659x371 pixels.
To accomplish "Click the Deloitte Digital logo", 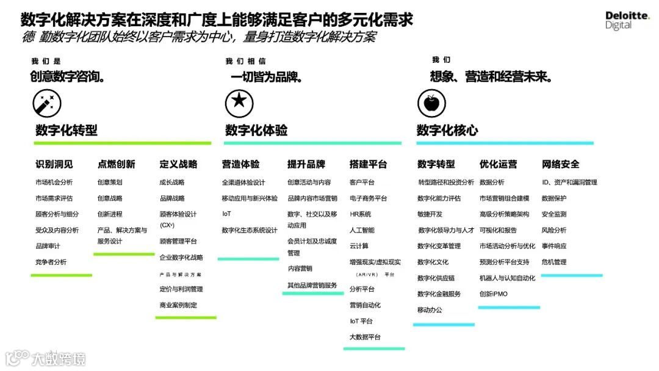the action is click(627, 20).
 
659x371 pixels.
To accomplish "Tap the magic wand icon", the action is click(46, 104).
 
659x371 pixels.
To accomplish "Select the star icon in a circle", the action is click(239, 103).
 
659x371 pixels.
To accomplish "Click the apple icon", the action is click(431, 103).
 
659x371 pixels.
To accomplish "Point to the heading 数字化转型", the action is click(67, 130).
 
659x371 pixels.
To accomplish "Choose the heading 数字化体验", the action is click(256, 130).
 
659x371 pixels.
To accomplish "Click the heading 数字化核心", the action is click(447, 130).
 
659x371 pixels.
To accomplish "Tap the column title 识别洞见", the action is click(54, 164).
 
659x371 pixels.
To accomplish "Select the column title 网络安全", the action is click(561, 164).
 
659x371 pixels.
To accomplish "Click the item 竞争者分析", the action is click(51, 262).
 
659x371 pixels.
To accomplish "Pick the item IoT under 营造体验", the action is click(226, 214).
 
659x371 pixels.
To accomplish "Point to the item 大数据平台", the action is click(366, 337).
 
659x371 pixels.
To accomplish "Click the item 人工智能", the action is click(362, 230).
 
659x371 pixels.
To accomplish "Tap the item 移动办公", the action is click(430, 310).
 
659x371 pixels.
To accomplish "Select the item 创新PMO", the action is click(494, 294).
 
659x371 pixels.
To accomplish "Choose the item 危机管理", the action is click(554, 262).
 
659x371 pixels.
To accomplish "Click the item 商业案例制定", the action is click(179, 305).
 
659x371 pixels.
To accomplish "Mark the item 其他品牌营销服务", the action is click(312, 285).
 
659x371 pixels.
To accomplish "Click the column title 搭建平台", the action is click(369, 164).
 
